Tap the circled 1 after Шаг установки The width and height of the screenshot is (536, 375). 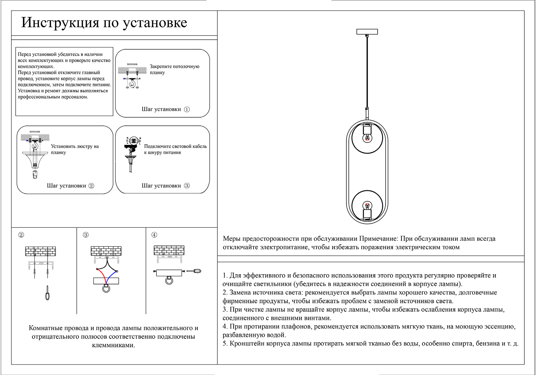187,109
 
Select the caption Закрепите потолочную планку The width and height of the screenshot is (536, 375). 174,70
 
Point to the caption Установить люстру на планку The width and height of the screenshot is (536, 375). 75,149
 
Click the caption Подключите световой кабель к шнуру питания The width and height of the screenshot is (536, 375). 175,149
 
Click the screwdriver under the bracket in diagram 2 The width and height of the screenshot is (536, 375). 48,293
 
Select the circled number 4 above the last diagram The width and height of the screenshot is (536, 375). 154,235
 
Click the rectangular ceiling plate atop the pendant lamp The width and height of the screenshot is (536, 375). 367,31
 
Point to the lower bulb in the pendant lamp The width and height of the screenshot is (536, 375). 367,206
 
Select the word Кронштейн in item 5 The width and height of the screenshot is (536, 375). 247,343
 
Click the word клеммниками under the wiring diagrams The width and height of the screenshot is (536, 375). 113,345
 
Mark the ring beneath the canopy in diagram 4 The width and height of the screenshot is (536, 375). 169,281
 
